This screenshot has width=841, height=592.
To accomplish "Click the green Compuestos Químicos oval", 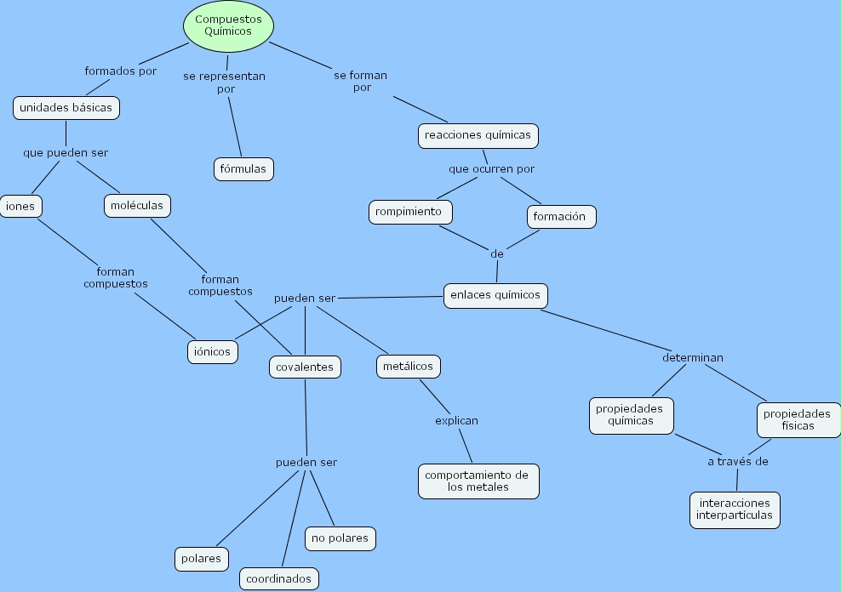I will click(228, 25).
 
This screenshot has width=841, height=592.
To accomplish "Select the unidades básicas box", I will click(66, 108).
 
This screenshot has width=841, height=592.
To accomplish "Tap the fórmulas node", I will click(243, 168).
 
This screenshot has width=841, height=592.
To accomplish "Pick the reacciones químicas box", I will click(478, 134).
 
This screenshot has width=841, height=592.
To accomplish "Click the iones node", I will click(20, 206).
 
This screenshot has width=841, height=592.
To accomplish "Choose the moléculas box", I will click(137, 205).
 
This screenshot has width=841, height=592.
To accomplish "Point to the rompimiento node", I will click(409, 212).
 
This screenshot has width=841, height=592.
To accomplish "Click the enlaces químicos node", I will click(495, 294).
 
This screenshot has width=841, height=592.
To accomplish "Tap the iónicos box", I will click(212, 351).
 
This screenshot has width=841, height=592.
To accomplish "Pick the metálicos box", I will click(408, 366).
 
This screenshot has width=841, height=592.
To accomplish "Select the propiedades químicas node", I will click(631, 415).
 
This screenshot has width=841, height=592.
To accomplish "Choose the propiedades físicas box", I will click(797, 419).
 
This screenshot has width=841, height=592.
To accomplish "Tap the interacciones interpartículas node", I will click(734, 509).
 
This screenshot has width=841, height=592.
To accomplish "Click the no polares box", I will click(340, 538).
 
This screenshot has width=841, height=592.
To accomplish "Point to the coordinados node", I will click(279, 578).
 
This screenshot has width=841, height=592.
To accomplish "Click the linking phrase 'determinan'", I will click(693, 357).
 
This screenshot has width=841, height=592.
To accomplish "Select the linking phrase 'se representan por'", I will click(225, 82).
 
